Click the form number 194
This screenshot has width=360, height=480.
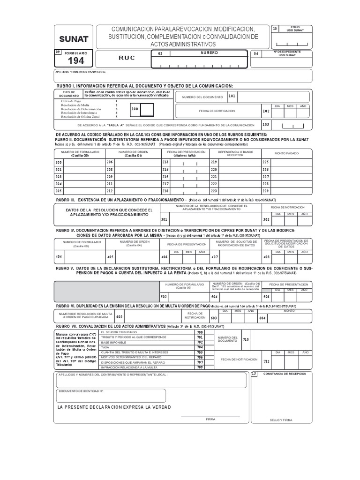[x=76, y=61]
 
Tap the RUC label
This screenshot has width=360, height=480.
[x=127, y=58]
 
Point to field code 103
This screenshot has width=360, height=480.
[x=266, y=125]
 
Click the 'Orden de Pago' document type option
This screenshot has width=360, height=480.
[x=71, y=101]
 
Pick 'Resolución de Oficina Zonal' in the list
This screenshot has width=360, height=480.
[x=82, y=117]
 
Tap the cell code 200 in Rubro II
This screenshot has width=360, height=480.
[x=59, y=162]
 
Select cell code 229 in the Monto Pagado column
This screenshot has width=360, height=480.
[x=266, y=191]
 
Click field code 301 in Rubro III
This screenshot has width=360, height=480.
[x=164, y=219]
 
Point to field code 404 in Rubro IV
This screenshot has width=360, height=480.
[x=59, y=257]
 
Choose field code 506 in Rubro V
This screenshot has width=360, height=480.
[x=266, y=297]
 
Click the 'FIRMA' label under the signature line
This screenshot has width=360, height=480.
[x=210, y=419]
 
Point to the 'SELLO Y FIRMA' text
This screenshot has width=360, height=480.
[x=281, y=420]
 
